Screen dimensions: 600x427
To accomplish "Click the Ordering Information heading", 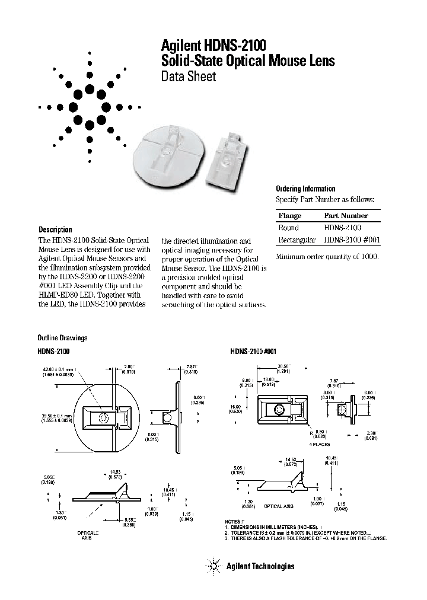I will pos(305,189).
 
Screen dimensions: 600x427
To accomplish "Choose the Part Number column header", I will pos(346,216).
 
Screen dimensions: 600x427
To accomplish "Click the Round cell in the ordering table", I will pos(288,228).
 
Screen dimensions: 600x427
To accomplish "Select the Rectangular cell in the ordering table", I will pos(297,240).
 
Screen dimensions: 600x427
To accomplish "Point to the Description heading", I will pos(55,229).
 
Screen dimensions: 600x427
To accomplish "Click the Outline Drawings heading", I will pos(62,338).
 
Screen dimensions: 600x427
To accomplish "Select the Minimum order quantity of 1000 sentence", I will pos(327,257).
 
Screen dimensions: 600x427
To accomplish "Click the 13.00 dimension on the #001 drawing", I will pos(269,379).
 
